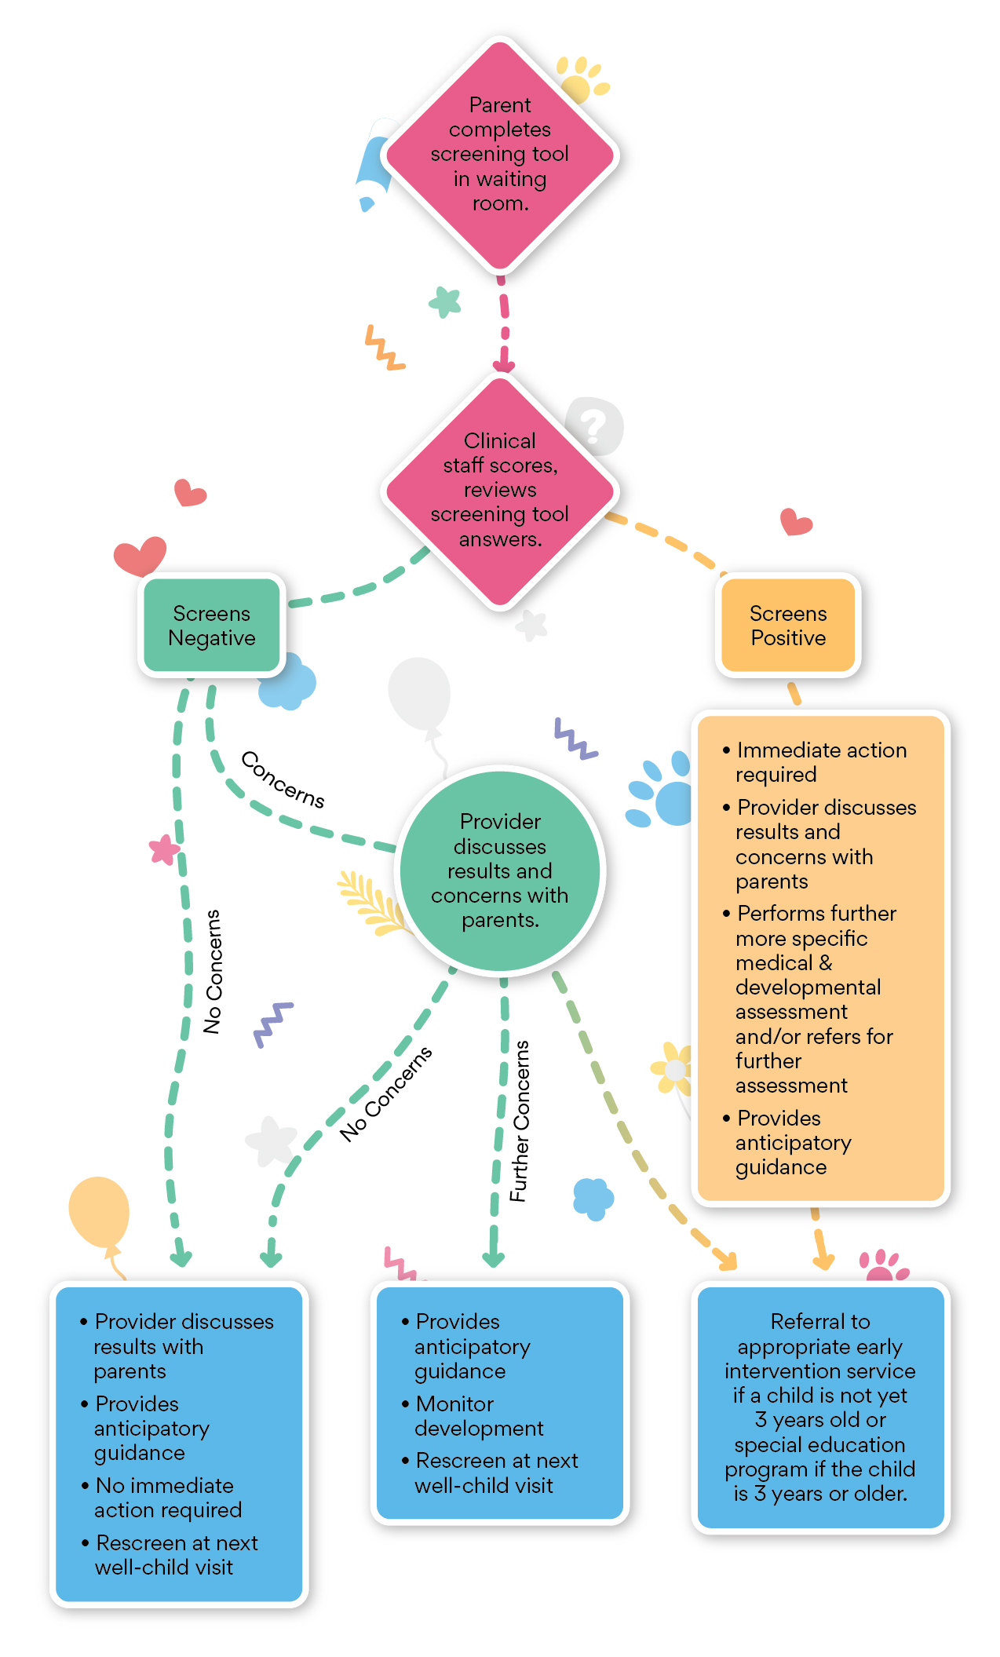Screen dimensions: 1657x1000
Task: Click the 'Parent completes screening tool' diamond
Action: click(500, 155)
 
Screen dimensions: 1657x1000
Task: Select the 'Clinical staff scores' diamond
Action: click(500, 490)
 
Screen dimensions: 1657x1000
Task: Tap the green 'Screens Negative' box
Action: click(212, 625)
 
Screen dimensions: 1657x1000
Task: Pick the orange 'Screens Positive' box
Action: click(788, 625)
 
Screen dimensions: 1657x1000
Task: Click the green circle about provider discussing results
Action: click(500, 870)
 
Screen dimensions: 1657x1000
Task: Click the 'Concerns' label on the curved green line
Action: click(283, 779)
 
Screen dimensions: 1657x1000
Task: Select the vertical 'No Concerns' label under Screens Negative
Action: click(213, 971)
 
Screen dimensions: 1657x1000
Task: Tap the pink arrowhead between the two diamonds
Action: click(503, 365)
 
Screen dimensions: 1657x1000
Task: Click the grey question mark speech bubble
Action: click(595, 426)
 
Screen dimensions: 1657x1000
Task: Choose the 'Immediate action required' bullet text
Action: click(820, 761)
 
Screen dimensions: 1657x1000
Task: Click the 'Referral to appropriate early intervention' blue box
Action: click(820, 1407)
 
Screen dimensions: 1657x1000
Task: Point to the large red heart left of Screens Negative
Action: click(140, 555)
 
